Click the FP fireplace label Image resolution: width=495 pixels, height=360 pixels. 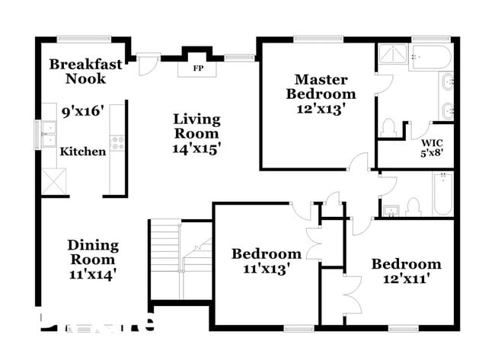(197, 68)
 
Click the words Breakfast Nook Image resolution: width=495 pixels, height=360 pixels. (85, 72)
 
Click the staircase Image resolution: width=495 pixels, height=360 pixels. (180, 259)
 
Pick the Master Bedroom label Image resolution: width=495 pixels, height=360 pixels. (321, 87)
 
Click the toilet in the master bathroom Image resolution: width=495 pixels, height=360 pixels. (388, 127)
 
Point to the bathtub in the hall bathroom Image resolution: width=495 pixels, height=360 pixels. (442, 193)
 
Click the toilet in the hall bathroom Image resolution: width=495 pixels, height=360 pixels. (414, 205)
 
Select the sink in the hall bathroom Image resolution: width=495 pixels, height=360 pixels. (391, 209)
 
